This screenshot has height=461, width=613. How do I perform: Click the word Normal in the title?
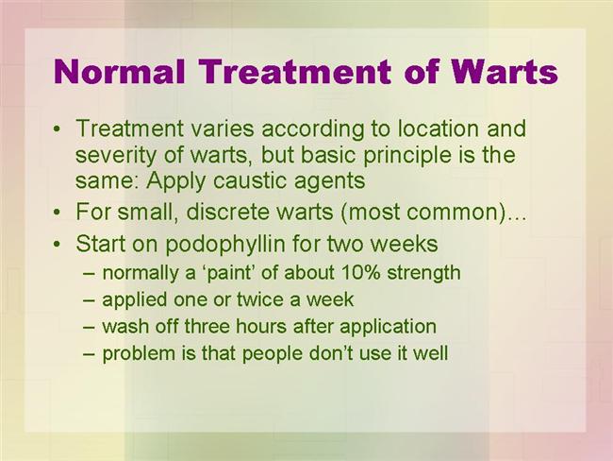pos(119,71)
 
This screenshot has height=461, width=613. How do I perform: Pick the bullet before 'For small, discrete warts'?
pos(58,213)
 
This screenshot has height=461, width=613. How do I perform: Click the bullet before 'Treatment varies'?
pos(58,129)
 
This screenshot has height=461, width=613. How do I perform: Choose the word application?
pos(388,327)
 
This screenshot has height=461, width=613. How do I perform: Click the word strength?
pos(423,273)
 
